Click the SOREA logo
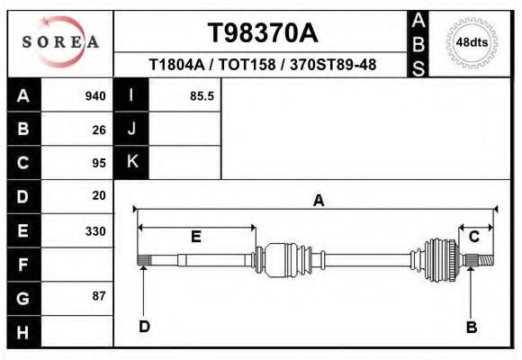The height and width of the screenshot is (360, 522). coord(60,42)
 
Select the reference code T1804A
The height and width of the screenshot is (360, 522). coord(178,66)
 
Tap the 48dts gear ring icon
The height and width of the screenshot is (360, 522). coord(472,42)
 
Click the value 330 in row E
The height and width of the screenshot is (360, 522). coord(95,230)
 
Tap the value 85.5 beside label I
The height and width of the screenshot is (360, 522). coord(202,96)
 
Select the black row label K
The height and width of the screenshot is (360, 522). coord(131,162)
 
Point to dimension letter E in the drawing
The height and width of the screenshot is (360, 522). coord(195,237)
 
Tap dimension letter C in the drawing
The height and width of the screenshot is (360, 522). coord(473,236)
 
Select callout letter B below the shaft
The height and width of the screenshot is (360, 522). coord(471,327)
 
